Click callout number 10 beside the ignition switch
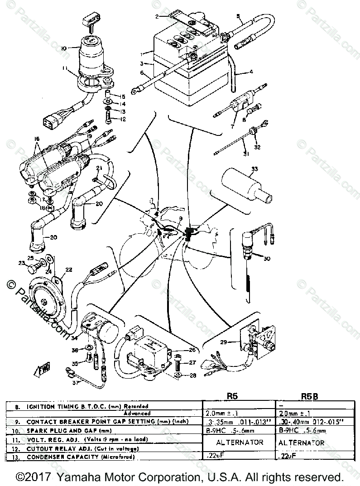(63, 48)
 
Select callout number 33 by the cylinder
(255, 169)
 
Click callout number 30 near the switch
(266, 259)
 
